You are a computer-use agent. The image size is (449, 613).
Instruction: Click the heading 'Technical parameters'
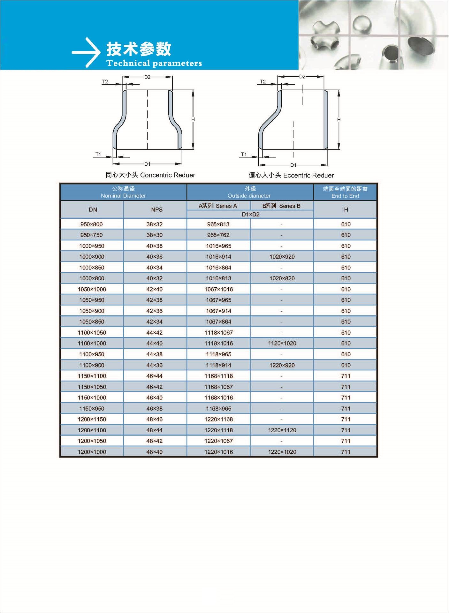pyautogui.click(x=154, y=63)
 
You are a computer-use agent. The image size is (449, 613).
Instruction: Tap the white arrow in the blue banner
pyautogui.click(x=86, y=52)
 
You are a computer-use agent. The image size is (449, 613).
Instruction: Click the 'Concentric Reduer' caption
pyautogui.click(x=150, y=175)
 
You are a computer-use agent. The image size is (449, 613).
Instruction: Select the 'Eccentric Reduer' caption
pyautogui.click(x=291, y=175)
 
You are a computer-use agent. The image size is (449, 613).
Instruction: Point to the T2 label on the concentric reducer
pyautogui.click(x=105, y=82)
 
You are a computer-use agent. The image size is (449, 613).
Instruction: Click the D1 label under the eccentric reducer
pyautogui.click(x=293, y=165)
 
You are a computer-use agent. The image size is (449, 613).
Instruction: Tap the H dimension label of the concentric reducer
pyautogui.click(x=193, y=119)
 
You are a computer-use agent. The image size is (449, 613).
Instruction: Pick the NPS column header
pyautogui.click(x=156, y=210)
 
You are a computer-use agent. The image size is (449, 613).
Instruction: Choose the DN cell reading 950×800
pyautogui.click(x=92, y=224)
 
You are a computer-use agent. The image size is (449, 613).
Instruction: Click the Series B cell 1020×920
pyautogui.click(x=282, y=257)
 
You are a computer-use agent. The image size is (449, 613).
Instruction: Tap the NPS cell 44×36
pyautogui.click(x=154, y=365)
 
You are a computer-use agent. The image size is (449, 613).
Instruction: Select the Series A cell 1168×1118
pyautogui.click(x=219, y=376)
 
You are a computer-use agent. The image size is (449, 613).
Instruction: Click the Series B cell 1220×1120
pyautogui.click(x=282, y=430)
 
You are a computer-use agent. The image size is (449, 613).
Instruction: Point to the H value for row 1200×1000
pyautogui.click(x=346, y=452)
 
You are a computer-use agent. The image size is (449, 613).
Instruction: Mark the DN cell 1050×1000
pyautogui.click(x=92, y=289)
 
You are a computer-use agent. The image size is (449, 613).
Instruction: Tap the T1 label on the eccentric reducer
pyautogui.click(x=244, y=155)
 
